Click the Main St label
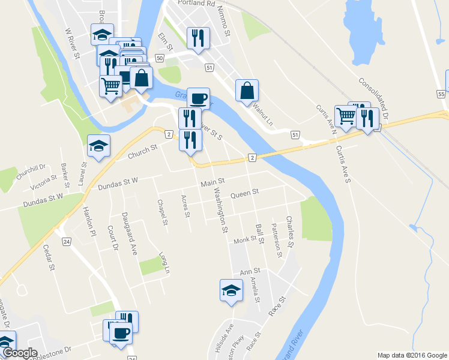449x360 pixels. point(212,181)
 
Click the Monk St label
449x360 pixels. point(245,240)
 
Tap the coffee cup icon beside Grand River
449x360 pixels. point(198,98)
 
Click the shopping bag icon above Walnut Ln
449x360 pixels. point(247,91)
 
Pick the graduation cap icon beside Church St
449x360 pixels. point(99,145)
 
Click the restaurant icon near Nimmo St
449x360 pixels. point(197,39)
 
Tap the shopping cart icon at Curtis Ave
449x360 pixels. point(346,116)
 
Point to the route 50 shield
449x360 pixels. point(159,58)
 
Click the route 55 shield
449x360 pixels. point(441,94)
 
